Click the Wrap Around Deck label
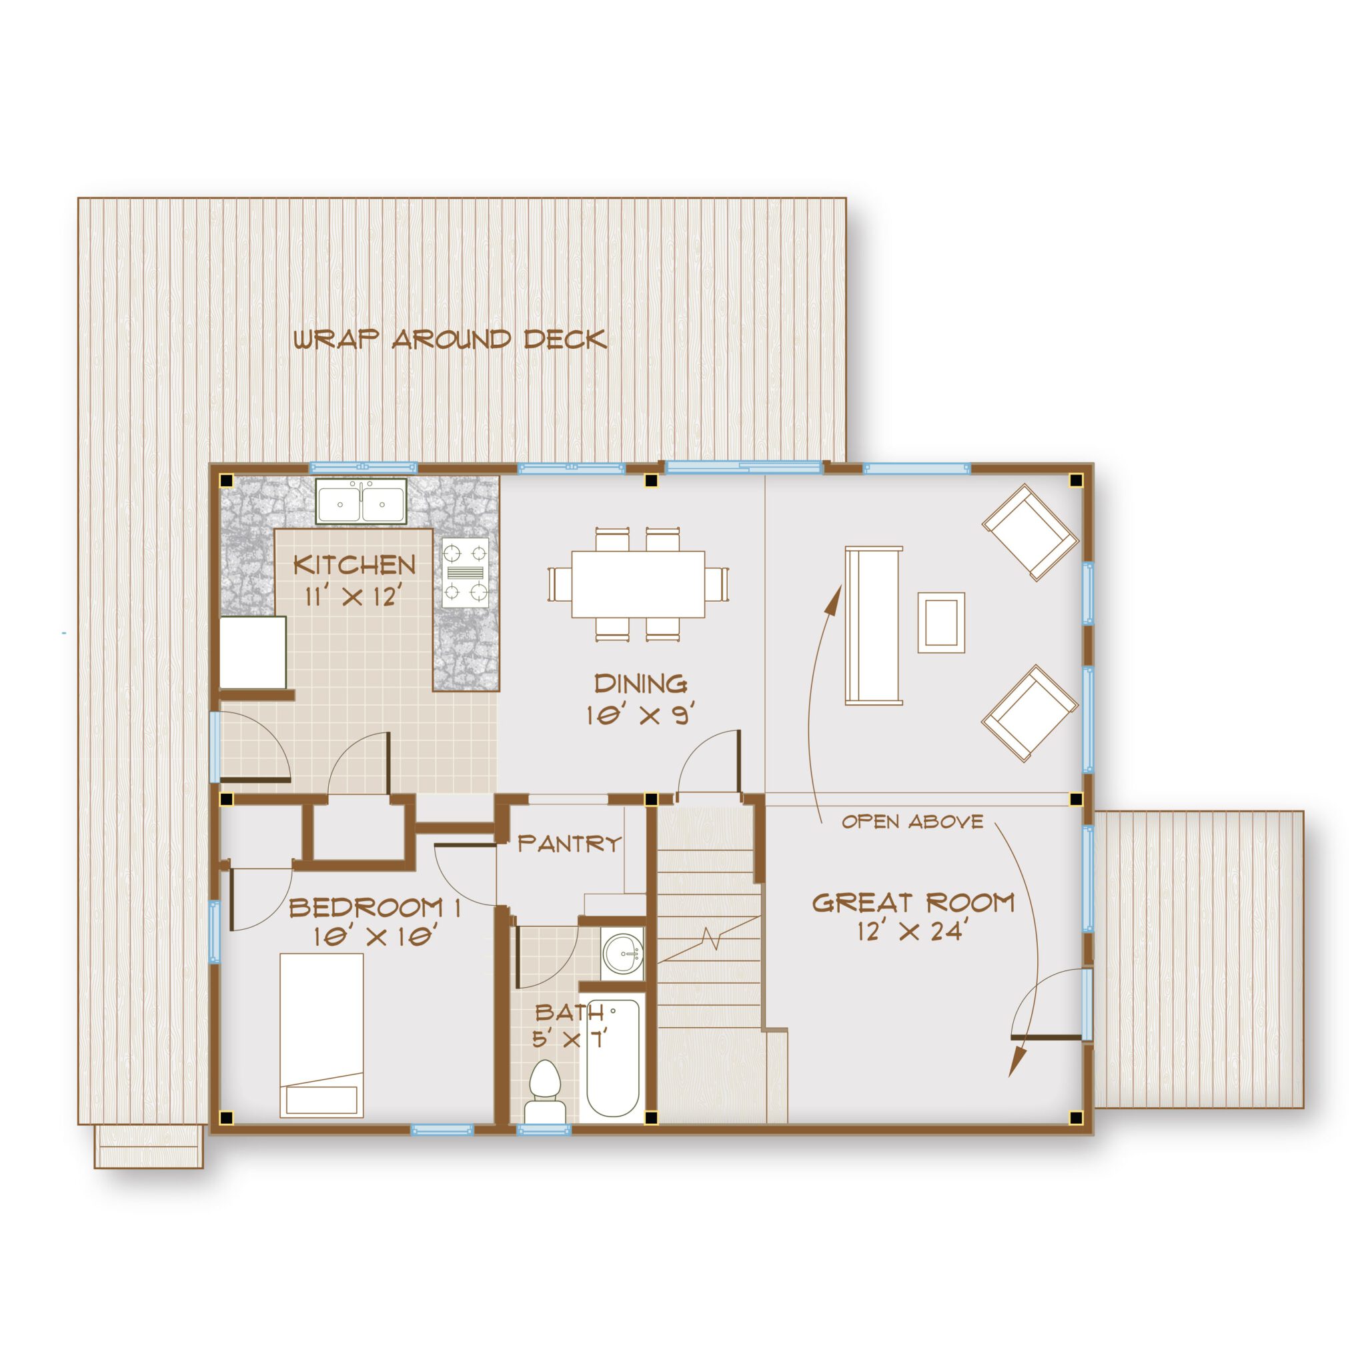pyautogui.click(x=450, y=339)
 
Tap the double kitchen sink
pyautogui.click(x=361, y=502)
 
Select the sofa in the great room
pyautogui.click(x=874, y=625)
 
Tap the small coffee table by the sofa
pyautogui.click(x=941, y=622)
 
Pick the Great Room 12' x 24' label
pyautogui.click(x=913, y=916)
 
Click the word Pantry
pyautogui.click(x=569, y=844)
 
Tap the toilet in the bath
pyautogui.click(x=544, y=1095)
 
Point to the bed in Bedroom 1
pyautogui.click(x=321, y=1035)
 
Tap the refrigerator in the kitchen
pyautogui.click(x=252, y=651)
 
